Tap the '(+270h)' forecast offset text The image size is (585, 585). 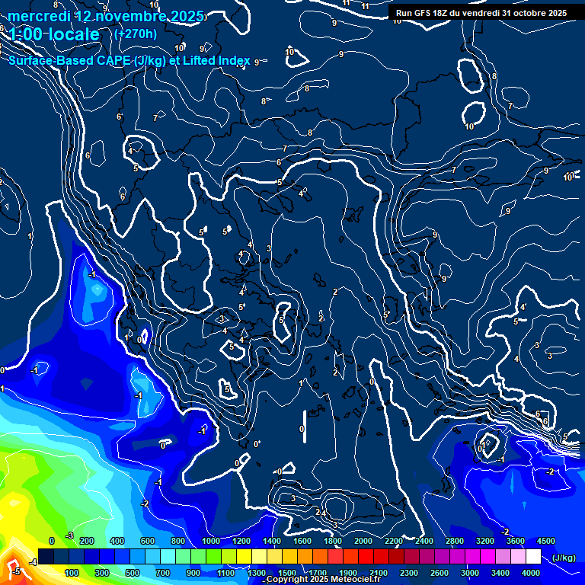(x=135, y=34)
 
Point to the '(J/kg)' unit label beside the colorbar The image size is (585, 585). (x=563, y=558)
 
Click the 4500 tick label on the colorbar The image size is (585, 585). (x=545, y=541)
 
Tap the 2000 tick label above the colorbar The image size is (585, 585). (x=363, y=541)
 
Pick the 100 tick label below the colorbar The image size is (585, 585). (x=72, y=573)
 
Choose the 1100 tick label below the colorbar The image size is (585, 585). (x=226, y=573)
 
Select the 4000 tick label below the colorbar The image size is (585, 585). (x=531, y=573)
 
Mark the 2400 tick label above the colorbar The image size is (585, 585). (x=424, y=541)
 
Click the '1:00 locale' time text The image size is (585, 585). (x=54, y=34)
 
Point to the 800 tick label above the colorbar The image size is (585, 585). (x=178, y=541)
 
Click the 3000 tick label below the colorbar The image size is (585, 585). (x=470, y=573)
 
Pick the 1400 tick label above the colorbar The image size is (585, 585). (x=271, y=541)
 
